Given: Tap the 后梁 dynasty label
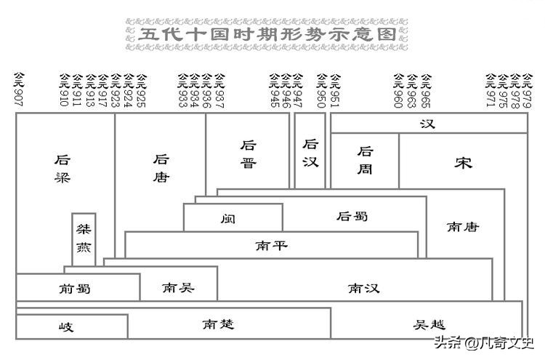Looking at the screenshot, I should tap(63, 168).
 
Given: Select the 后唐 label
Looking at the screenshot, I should tap(161, 168).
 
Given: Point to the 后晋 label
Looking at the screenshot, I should tap(249, 154).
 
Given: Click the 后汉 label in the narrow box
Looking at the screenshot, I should tap(311, 153).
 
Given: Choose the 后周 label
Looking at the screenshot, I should tap(366, 161).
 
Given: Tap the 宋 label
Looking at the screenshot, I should tap(463, 162).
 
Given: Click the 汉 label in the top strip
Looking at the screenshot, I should tap(427, 124).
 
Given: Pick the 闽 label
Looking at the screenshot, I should tap(229, 218).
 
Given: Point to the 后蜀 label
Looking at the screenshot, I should tap(352, 216).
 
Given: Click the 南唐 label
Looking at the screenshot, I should tap(463, 227).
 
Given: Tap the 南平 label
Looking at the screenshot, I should tap(271, 245).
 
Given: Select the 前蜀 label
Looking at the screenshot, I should tap(75, 288).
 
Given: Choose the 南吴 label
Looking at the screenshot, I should tap(178, 287).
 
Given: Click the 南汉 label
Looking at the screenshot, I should tap(364, 288).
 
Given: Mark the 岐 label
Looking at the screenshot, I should tap(66, 327).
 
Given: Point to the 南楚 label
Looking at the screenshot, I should tap(218, 324).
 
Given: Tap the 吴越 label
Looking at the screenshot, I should tap(429, 324).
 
